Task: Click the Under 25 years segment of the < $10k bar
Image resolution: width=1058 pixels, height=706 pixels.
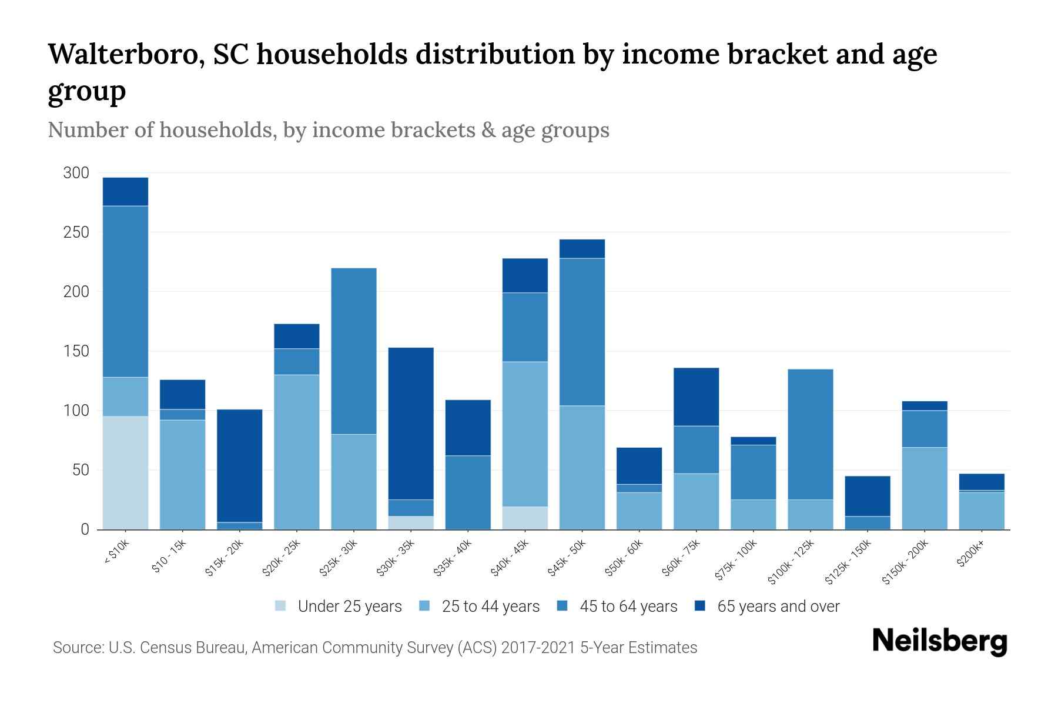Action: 125,473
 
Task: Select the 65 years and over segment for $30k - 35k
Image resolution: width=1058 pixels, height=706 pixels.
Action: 411,424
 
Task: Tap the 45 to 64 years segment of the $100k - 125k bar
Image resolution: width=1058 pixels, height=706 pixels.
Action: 810,434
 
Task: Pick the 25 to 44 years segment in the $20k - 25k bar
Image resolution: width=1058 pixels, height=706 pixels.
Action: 297,452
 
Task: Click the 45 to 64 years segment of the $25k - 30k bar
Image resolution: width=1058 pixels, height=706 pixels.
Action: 354,351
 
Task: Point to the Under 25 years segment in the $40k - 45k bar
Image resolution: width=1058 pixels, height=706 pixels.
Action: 525,518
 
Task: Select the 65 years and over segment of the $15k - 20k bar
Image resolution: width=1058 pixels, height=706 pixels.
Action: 240,465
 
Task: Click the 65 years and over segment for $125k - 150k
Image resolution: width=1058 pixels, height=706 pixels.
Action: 867,496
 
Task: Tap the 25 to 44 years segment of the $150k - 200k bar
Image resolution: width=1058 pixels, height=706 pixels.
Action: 924,488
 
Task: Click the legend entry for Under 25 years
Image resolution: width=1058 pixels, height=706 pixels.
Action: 349,607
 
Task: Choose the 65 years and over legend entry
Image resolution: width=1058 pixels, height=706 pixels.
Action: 778,607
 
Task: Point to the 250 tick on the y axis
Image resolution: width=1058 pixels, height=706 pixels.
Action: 76,232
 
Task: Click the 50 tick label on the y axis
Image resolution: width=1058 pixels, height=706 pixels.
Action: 80,470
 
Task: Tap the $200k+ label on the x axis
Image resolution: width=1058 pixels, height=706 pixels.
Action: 970,555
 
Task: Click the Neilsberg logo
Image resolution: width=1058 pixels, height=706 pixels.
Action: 939,641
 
